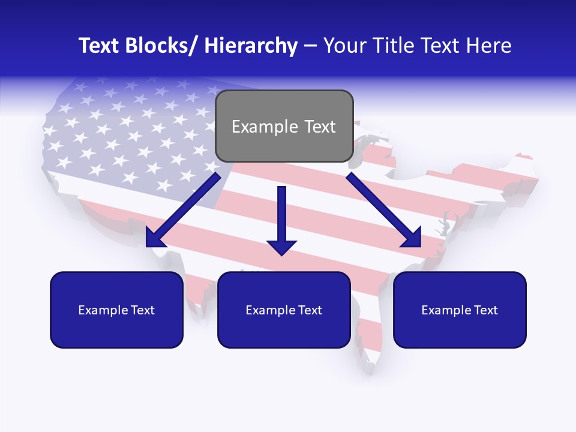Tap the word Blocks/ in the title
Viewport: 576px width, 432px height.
click(163, 46)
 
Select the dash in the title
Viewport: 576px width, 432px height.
click(310, 46)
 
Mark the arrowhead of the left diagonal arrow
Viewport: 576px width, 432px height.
click(155, 238)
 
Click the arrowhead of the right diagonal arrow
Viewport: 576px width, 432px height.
click(413, 238)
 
